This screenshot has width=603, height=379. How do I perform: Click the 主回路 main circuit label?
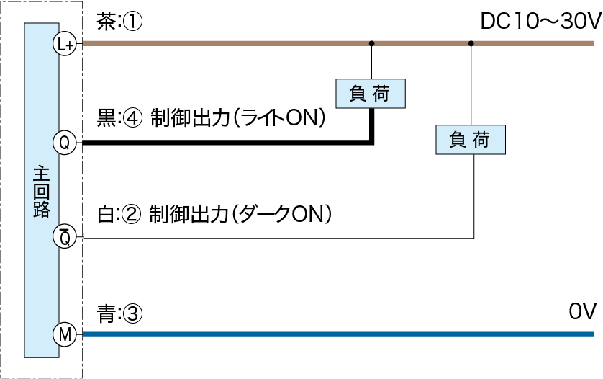click(x=41, y=190)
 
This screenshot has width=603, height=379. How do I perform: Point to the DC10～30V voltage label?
click(x=539, y=23)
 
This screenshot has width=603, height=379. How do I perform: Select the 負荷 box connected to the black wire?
click(x=371, y=93)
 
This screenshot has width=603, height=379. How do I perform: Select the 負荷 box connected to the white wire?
click(x=471, y=139)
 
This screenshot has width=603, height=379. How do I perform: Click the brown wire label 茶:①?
click(x=119, y=23)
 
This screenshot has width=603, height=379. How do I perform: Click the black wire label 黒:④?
click(x=119, y=120)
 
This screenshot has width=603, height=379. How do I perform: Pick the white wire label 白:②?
click(x=119, y=213)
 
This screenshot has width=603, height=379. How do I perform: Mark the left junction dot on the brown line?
click(x=371, y=44)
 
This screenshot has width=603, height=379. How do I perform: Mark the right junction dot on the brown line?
click(x=471, y=44)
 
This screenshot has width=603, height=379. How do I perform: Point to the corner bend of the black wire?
click(x=372, y=143)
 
